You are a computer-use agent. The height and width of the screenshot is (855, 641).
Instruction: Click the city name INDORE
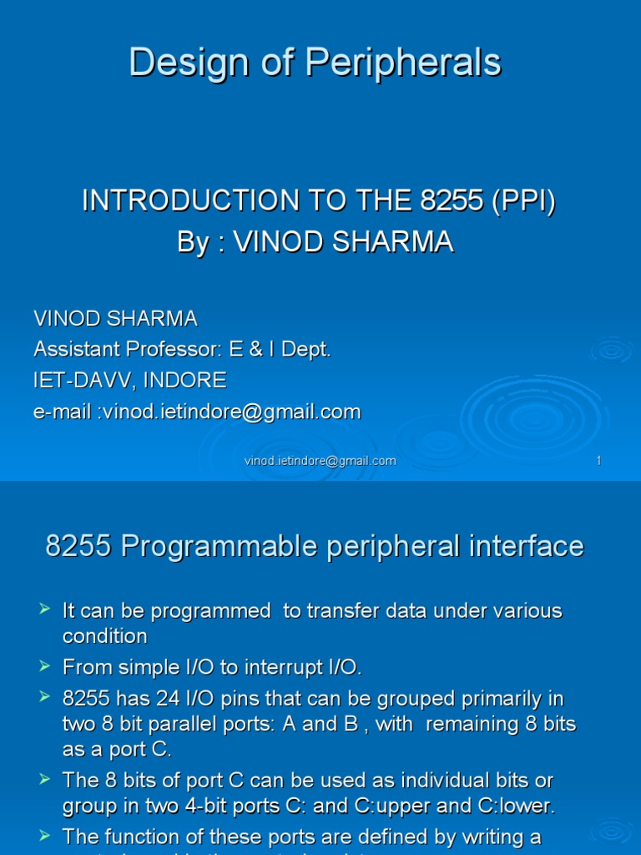click(184, 381)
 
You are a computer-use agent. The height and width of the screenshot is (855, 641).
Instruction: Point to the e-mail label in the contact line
click(63, 412)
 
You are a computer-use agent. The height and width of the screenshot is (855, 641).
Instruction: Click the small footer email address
click(320, 461)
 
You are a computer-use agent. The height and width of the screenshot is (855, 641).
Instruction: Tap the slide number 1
click(598, 461)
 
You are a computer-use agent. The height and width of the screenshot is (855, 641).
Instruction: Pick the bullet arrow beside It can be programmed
click(45, 610)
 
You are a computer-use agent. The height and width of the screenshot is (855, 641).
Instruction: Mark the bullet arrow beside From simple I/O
click(45, 666)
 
